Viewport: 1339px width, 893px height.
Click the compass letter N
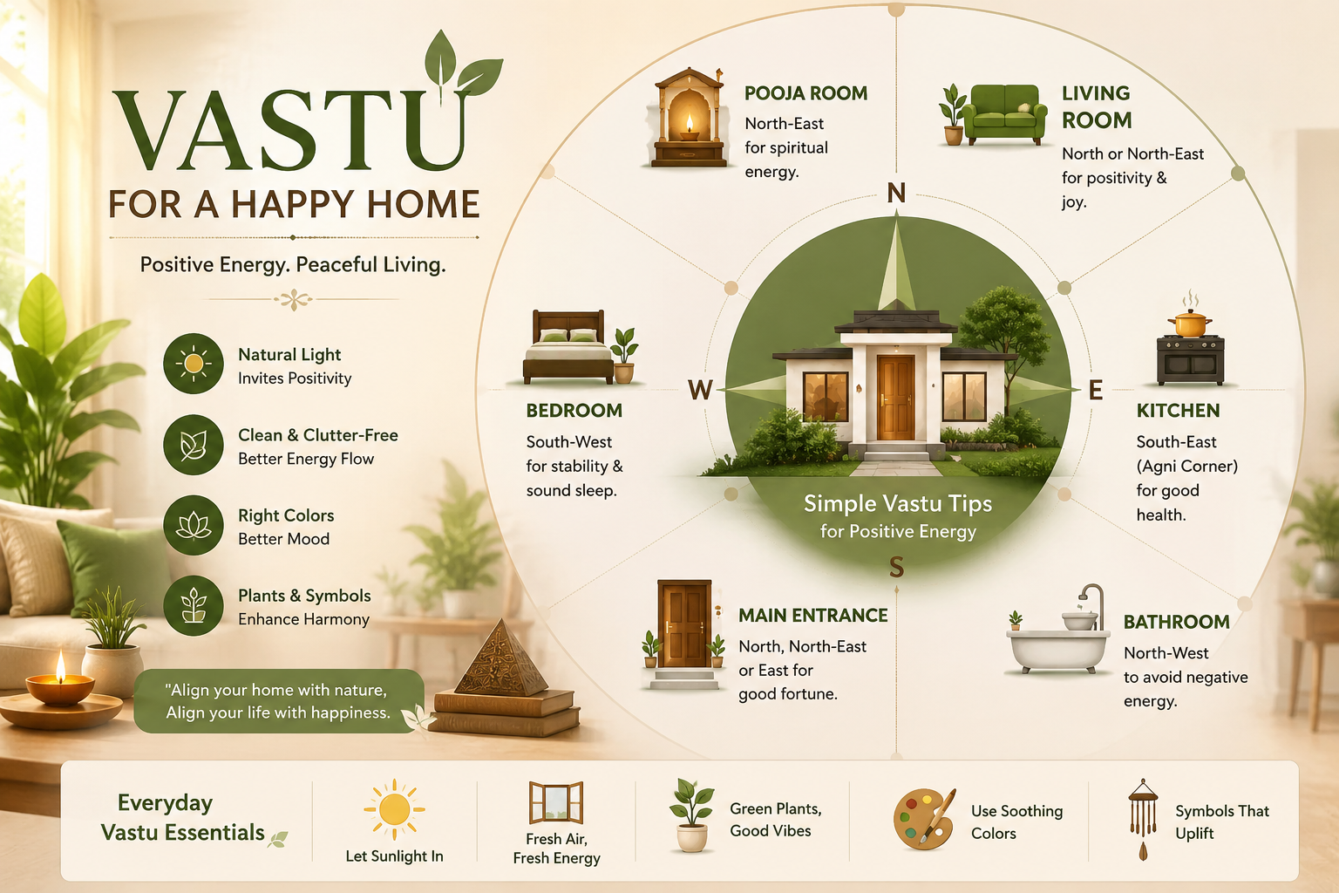coord(896,193)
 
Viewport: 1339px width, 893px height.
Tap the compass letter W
coord(700,390)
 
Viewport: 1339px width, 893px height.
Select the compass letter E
coord(1095,390)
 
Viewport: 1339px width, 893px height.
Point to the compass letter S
coord(896,567)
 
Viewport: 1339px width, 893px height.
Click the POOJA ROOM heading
coord(805,93)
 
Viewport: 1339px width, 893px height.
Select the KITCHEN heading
coord(1178,411)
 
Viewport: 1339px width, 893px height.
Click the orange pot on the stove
coord(1190,324)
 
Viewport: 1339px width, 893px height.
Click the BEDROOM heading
coord(574,411)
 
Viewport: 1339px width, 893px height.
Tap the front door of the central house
coord(895,397)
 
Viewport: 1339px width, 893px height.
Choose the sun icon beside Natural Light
coord(193,363)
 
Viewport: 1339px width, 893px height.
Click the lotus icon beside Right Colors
coord(193,525)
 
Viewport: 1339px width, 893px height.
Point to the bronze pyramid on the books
coord(501,658)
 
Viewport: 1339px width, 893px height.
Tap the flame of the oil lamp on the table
coord(60,666)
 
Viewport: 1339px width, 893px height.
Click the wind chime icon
coord(1143,819)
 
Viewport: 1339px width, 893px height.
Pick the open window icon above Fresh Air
coord(556,802)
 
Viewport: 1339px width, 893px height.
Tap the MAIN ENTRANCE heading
coord(813,616)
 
